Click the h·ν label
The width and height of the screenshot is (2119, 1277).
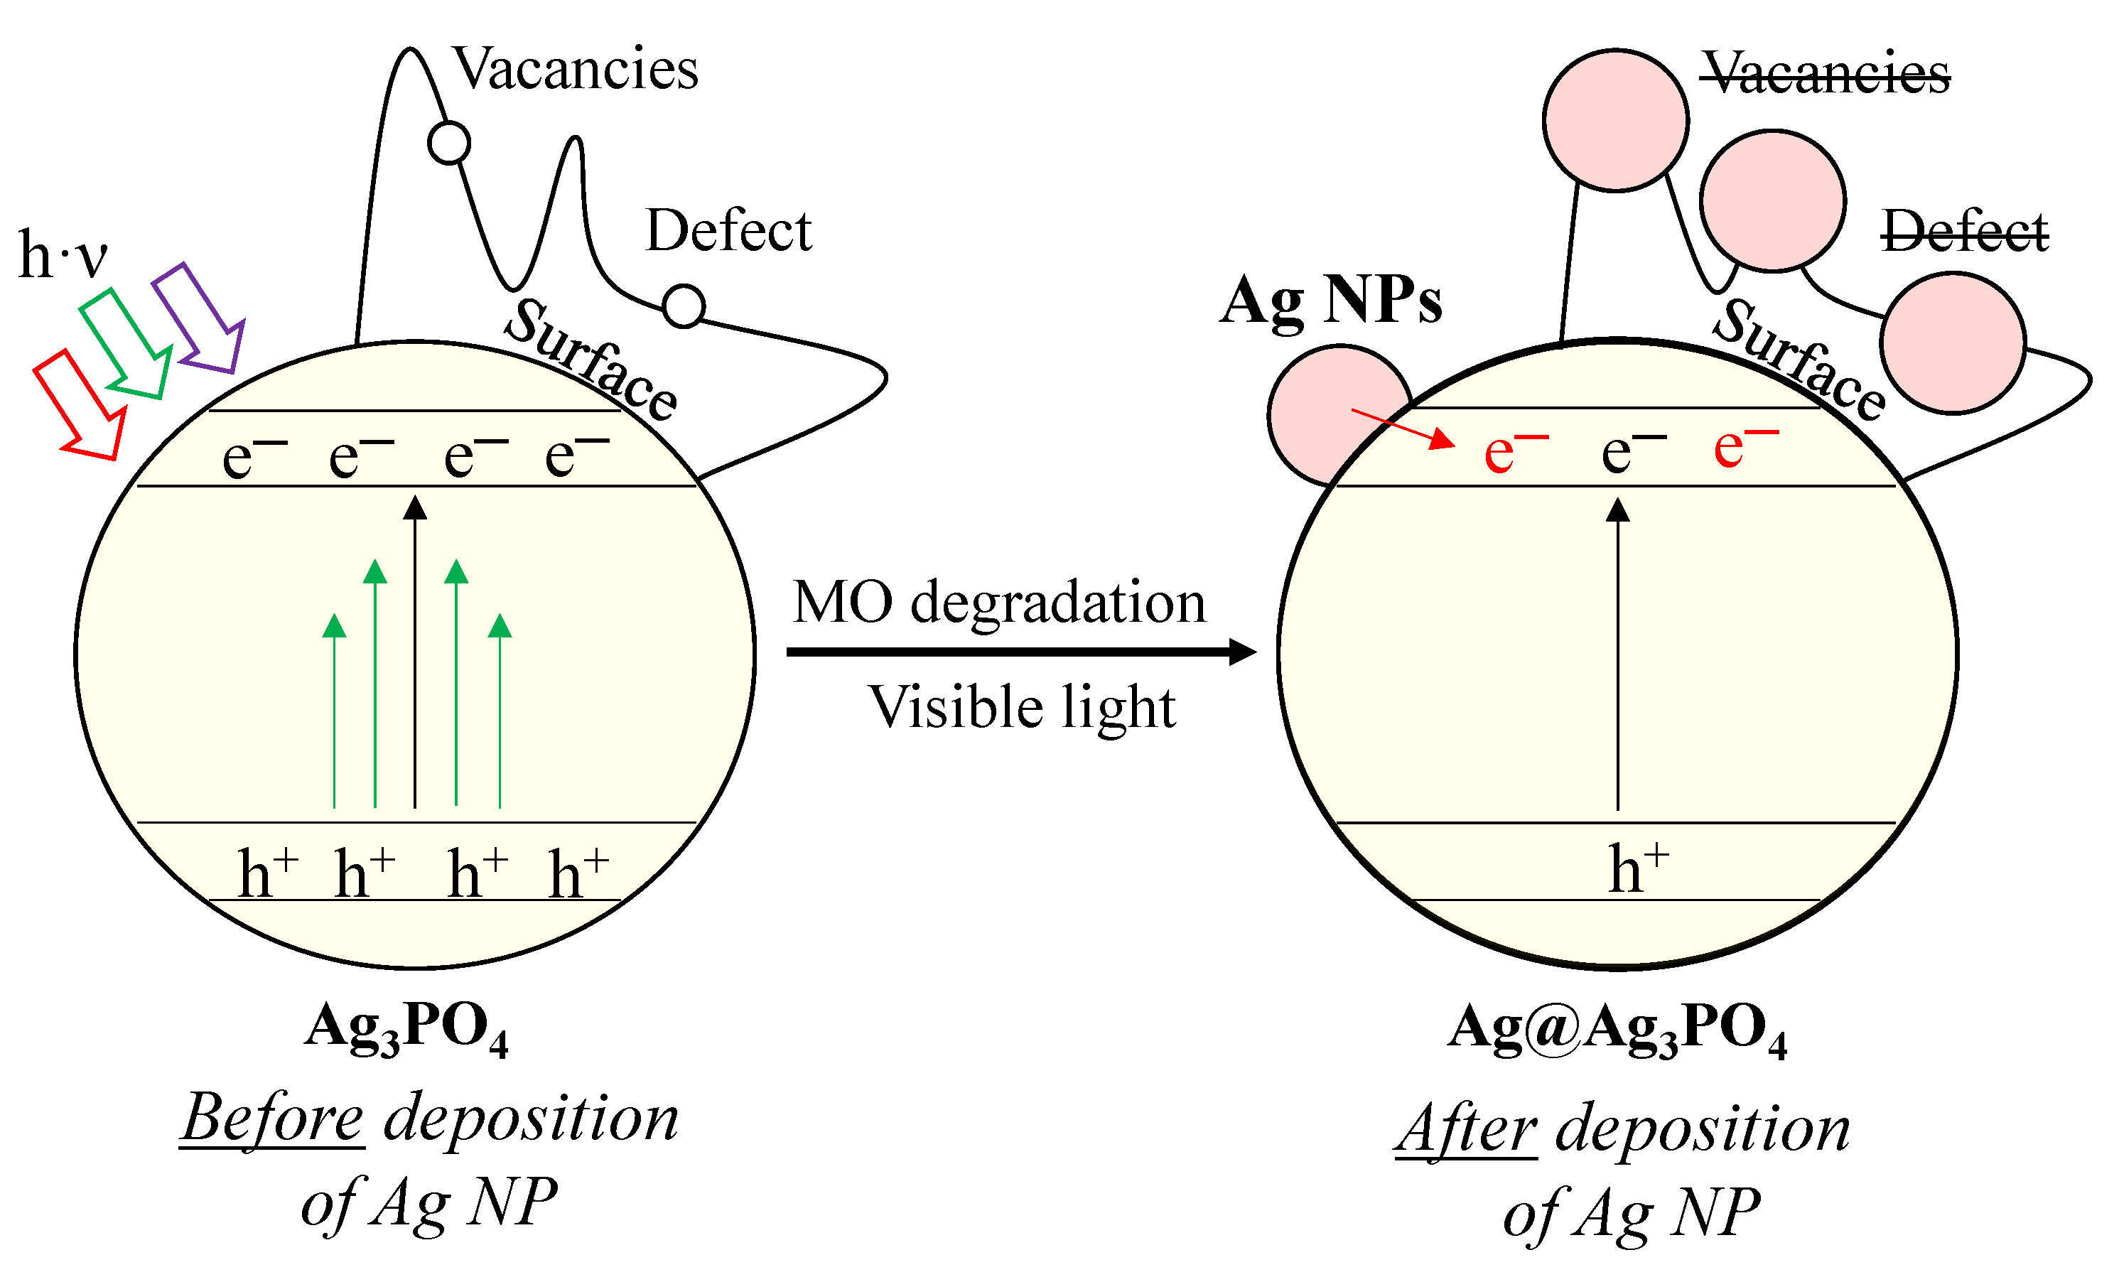(63, 255)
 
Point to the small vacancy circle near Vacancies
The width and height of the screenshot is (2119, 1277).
(449, 143)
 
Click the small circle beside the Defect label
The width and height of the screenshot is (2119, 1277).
(684, 306)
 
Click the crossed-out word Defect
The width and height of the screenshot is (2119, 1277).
(1965, 232)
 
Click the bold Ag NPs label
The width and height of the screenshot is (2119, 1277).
(1331, 301)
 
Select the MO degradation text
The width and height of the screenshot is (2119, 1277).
(999, 603)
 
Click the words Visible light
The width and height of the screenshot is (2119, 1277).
(1022, 708)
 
